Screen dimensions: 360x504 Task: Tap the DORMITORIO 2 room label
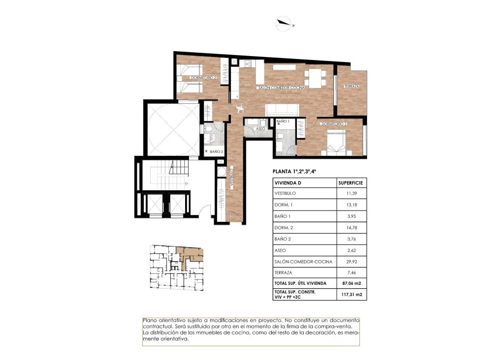(x=203, y=78)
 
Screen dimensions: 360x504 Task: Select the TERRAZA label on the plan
(x=351, y=87)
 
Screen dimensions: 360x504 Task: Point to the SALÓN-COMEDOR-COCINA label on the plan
(x=282, y=88)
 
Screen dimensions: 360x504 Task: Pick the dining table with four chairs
(x=315, y=77)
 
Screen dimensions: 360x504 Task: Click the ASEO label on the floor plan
(x=260, y=129)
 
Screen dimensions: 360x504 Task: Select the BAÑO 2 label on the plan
(x=217, y=152)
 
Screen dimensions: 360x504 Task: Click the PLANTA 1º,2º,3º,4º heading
(x=294, y=172)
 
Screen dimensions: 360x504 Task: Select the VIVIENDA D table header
(x=288, y=182)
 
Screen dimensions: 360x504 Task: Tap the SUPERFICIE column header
(x=351, y=182)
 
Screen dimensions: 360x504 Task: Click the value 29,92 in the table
(x=351, y=262)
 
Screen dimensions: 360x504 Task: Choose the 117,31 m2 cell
(x=351, y=295)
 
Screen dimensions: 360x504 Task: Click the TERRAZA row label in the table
(x=284, y=272)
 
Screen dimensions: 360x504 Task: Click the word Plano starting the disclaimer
(x=150, y=320)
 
